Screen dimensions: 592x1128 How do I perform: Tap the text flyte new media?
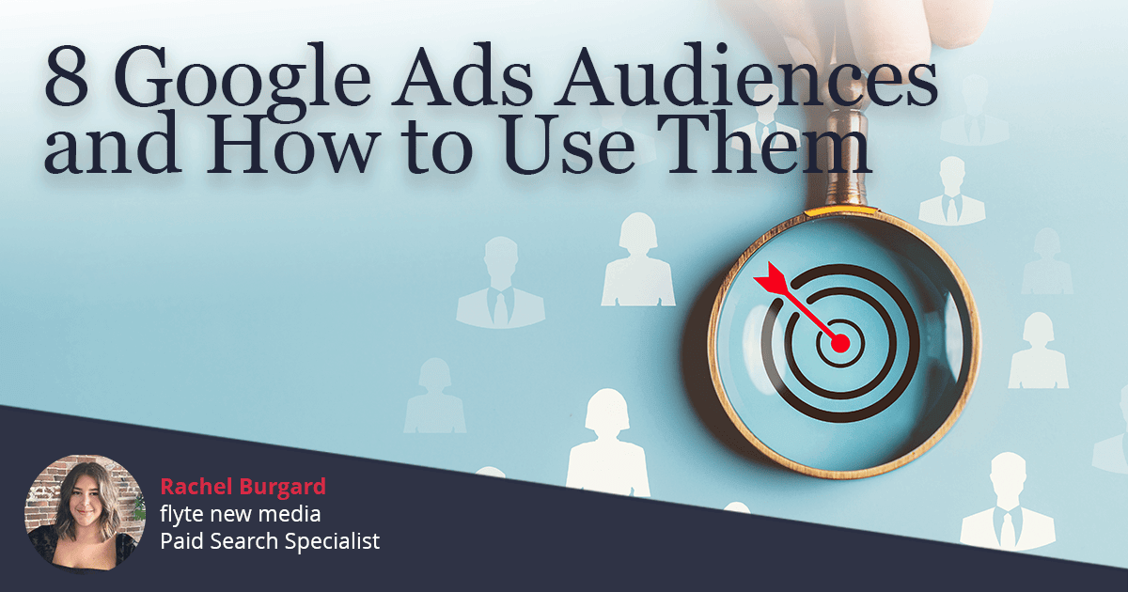pyautogui.click(x=240, y=514)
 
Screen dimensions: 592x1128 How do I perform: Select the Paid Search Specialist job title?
pyautogui.click(x=270, y=541)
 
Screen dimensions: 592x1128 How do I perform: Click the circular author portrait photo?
pyautogui.click(x=85, y=512)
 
